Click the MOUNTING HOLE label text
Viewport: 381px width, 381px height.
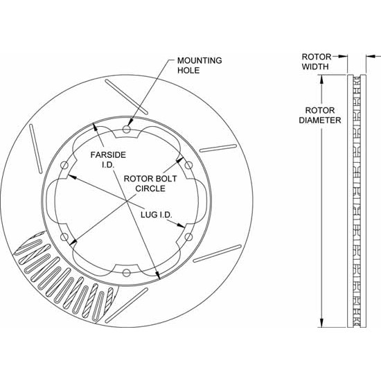(x=200, y=65)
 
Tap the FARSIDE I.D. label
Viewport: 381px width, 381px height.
(x=108, y=159)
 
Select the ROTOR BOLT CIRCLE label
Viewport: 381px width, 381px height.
(x=150, y=184)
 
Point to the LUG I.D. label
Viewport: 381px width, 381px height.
(x=157, y=215)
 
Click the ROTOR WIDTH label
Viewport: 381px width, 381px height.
(x=317, y=62)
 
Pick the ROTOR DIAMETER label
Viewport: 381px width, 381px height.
(x=320, y=115)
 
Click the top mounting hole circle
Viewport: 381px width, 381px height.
(x=126, y=129)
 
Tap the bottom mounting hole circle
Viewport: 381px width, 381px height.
(x=126, y=273)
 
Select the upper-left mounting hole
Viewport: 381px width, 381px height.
(x=64, y=166)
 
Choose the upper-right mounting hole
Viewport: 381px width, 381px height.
(x=188, y=166)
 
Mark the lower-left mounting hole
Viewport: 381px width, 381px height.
(x=64, y=237)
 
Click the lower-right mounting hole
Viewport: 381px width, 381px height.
(x=188, y=237)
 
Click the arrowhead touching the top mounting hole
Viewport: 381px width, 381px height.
(x=130, y=122)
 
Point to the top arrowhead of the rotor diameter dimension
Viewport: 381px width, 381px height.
(x=321, y=79)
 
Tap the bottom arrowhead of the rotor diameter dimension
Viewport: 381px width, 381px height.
(x=321, y=323)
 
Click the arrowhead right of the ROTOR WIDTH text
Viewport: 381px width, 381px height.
(x=343, y=56)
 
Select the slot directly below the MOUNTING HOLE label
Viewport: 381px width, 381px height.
(x=126, y=96)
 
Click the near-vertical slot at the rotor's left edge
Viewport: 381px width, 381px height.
(x=36, y=149)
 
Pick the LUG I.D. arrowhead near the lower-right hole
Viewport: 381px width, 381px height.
(x=181, y=226)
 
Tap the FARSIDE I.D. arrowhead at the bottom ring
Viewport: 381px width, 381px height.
(x=158, y=275)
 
